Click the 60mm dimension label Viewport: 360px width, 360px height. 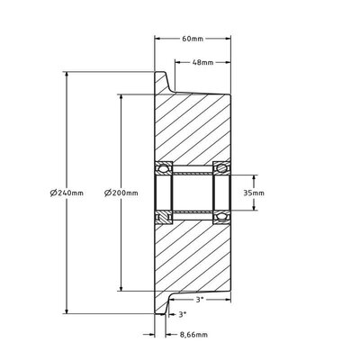193,39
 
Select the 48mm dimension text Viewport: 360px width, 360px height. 202,62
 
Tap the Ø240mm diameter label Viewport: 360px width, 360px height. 67,193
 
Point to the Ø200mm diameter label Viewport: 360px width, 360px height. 121,193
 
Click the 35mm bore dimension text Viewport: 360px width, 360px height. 254,193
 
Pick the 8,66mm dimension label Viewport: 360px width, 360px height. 193,335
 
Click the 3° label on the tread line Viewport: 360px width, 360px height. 200,300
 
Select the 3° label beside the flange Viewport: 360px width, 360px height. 183,314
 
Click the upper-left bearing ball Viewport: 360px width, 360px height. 164,168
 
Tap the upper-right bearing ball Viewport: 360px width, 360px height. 221,168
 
